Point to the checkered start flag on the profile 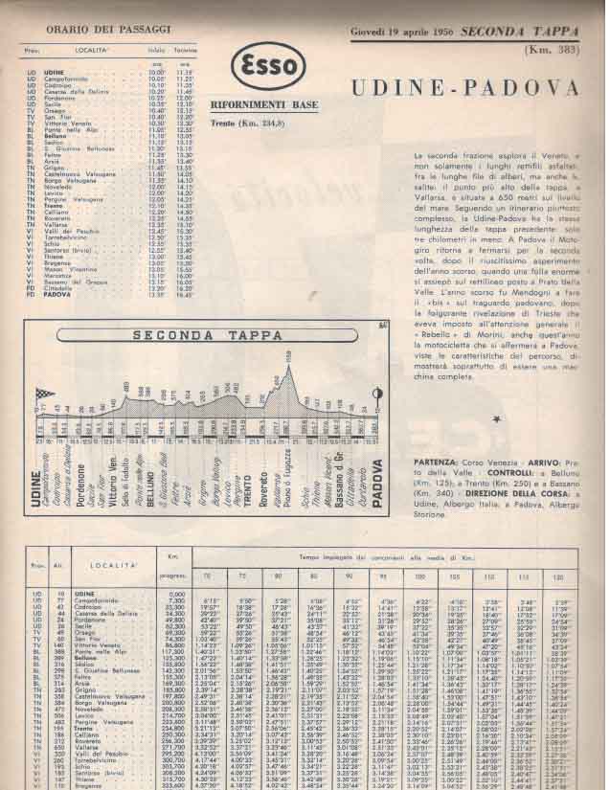pyautogui.click(x=40, y=394)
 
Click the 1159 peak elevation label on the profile pyautogui.click(x=286, y=354)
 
